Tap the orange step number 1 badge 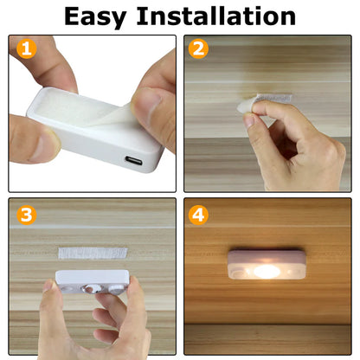26,49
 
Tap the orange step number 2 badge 199,49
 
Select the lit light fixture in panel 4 267,267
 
